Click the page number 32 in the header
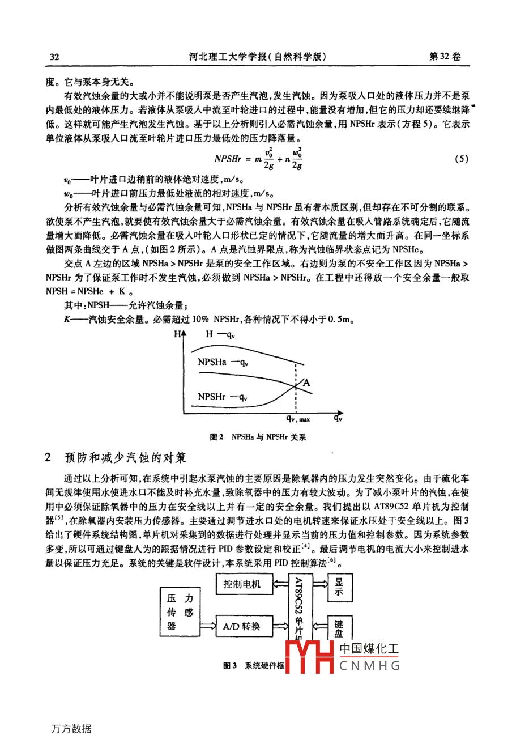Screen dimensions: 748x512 pos(55,57)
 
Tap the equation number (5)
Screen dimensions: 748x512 pos(461,159)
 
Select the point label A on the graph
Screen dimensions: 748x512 pos(306,382)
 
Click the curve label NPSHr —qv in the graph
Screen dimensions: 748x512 pos(223,397)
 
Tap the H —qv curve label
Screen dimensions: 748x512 pos(220,334)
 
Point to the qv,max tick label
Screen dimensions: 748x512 pos(298,419)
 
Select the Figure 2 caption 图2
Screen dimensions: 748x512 pos(216,437)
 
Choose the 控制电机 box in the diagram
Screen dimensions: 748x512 pos(242,584)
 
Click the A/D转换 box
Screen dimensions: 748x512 pos(242,626)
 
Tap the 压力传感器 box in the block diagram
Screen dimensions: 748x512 pos(180,612)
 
